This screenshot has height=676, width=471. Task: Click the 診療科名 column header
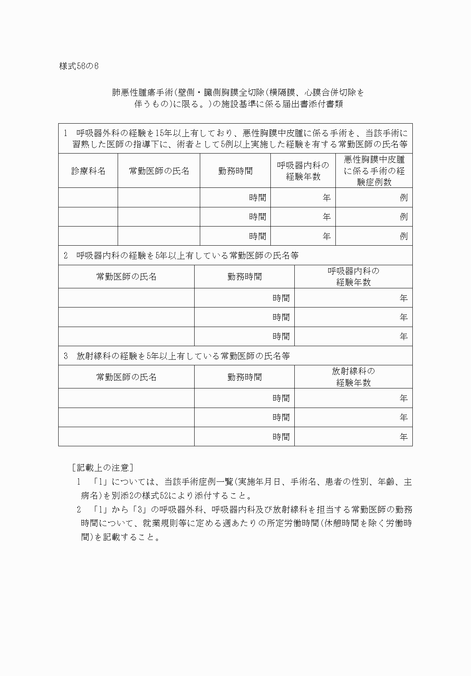[x=88, y=171]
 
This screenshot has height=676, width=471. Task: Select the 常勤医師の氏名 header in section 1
[x=159, y=171]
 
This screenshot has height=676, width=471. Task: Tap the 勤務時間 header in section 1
[x=235, y=171]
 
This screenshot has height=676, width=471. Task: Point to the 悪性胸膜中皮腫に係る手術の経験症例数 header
[x=374, y=171]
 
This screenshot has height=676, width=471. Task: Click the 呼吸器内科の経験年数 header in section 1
[x=303, y=171]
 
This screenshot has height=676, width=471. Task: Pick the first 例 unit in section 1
[x=404, y=197]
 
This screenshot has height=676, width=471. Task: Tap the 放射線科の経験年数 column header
[x=353, y=377]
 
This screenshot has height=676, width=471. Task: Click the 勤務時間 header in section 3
[x=244, y=377]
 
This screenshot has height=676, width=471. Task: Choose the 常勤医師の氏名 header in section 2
[x=126, y=277]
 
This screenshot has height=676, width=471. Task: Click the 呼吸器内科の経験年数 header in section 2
[x=353, y=277]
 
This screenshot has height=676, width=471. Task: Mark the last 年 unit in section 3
[x=404, y=437]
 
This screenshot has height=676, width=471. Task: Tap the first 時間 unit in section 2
[x=281, y=298]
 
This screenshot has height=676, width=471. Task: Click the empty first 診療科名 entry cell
[x=88, y=197]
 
